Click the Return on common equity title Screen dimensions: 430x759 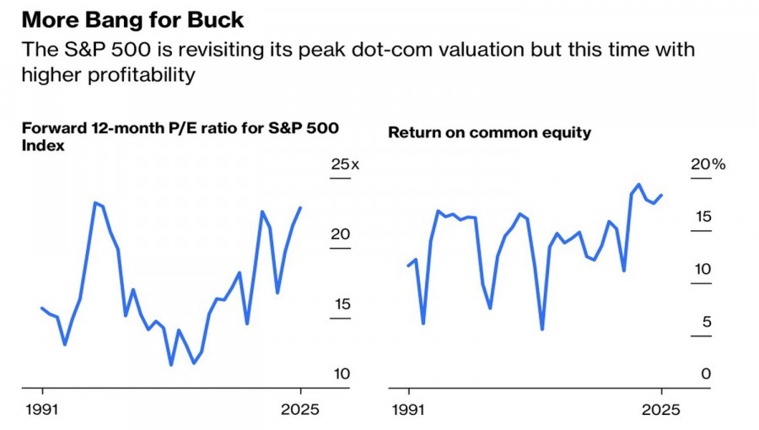point(489,132)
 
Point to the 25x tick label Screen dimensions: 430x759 point(344,164)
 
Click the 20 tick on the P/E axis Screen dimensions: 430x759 point(340,234)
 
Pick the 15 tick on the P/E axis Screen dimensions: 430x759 point(340,304)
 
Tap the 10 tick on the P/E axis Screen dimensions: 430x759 point(340,374)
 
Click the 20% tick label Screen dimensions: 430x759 point(708,164)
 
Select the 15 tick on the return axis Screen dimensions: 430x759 point(702,218)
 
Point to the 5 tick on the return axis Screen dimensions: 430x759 point(707,321)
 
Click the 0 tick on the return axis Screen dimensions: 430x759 point(707,374)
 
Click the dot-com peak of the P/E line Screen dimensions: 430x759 point(95,202)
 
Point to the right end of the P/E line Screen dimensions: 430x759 point(301,207)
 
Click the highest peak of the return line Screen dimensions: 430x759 point(638,184)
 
